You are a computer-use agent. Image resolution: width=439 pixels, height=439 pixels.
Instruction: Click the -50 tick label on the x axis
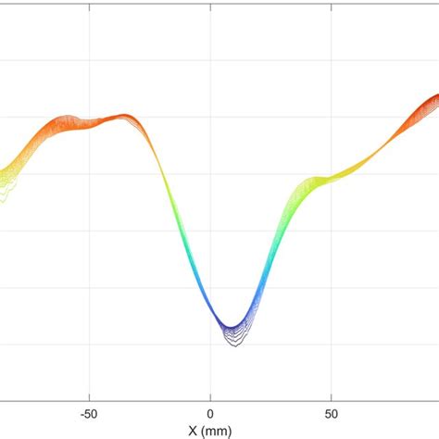tap(89, 414)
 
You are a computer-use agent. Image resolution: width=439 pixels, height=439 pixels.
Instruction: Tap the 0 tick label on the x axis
tap(211, 414)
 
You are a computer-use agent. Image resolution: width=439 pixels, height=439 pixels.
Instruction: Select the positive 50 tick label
tap(331, 414)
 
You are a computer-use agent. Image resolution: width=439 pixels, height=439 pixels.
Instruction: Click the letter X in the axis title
tap(192, 431)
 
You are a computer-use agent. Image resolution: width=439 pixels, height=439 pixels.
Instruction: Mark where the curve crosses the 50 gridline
tap(331, 176)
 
